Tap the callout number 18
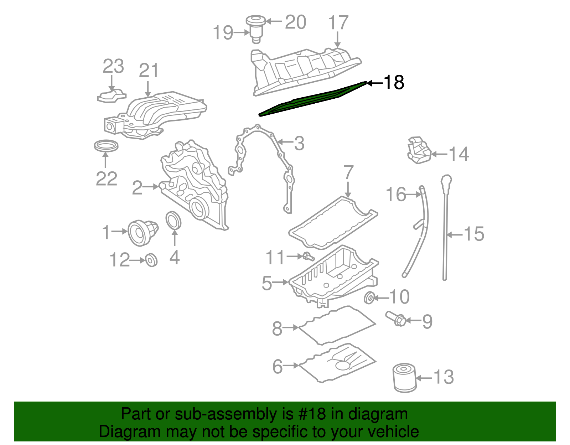pyautogui.click(x=394, y=83)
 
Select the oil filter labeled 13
pyautogui.click(x=404, y=378)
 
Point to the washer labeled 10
pyautogui.click(x=369, y=297)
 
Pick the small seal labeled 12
pyautogui.click(x=151, y=260)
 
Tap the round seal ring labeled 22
pyautogui.click(x=106, y=146)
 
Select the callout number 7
pyautogui.click(x=348, y=173)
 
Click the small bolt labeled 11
pyautogui.click(x=308, y=256)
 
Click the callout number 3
pyautogui.click(x=299, y=143)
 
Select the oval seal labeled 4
pyautogui.click(x=174, y=221)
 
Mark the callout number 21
pyautogui.click(x=148, y=71)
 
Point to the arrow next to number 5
pyautogui.click(x=281, y=282)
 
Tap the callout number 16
pyautogui.click(x=395, y=195)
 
